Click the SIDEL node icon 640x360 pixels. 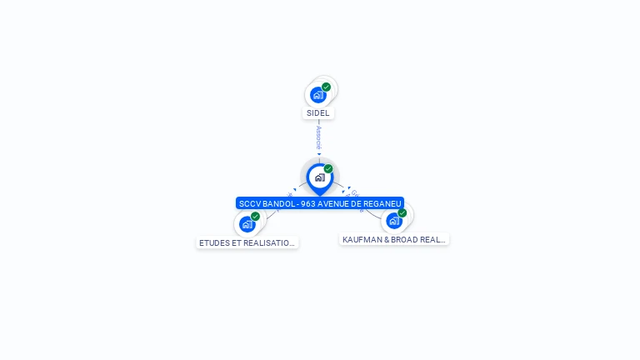tap(318, 95)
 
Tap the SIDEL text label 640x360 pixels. tap(318, 113)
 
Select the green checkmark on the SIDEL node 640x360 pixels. tap(327, 87)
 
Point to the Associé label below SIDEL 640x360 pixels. tap(318, 137)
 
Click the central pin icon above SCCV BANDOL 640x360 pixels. tap(319, 177)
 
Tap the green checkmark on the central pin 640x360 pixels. tap(328, 169)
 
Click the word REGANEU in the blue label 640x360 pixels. tap(382, 203)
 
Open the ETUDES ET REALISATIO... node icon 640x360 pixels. tap(247, 224)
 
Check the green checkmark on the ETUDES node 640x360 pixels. tap(256, 217)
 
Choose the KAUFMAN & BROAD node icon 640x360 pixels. tap(393, 221)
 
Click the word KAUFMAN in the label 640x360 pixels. tap(360, 239)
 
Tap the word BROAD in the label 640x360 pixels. tap(403, 239)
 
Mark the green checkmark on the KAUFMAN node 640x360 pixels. tap(402, 213)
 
